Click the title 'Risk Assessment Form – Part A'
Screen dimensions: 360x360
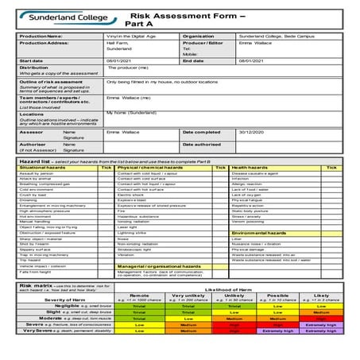point(177,17)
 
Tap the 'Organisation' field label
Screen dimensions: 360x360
point(199,36)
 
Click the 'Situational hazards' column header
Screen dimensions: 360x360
point(43,168)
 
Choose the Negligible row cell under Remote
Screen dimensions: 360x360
point(138,327)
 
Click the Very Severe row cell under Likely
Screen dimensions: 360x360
point(321,352)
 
